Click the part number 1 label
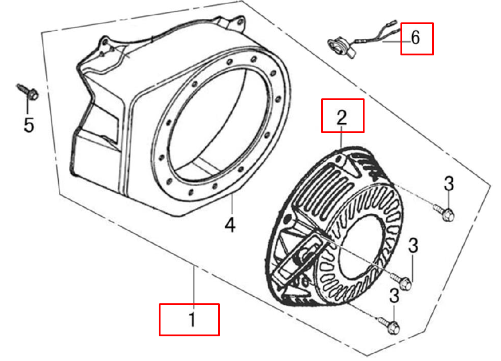pos(192,319)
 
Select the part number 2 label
pos(342,117)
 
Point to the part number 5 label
pos(29,125)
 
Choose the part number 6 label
pos(415,38)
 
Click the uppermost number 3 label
pos(449,184)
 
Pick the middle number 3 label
pos(413,246)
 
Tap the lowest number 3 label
pos(395,296)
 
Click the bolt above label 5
pos(28,91)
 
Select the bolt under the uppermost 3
pos(444,213)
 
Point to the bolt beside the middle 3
pos(401,281)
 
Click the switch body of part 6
pos(341,47)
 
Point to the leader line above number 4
pos(232,206)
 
